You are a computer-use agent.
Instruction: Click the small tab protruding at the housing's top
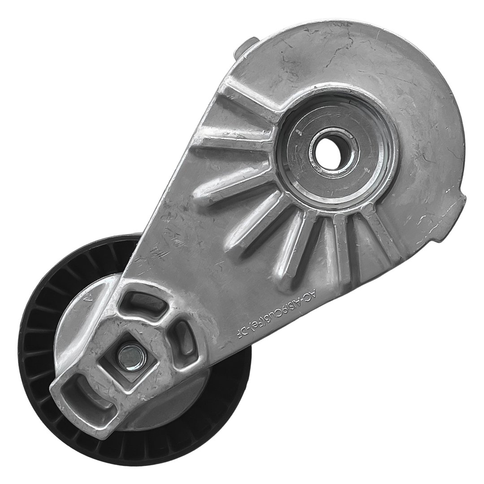[249, 46]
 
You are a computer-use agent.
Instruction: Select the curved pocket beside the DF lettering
[185, 338]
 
